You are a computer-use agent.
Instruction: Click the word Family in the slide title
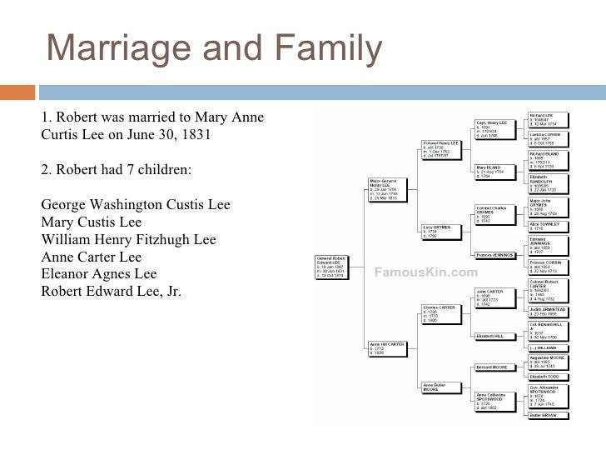coord(332,51)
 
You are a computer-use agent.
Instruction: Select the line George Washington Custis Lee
coord(136,205)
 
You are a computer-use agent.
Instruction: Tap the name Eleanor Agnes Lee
coord(98,273)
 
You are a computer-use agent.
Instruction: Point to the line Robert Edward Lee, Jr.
coord(111,291)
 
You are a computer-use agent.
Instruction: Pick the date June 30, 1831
coord(171,134)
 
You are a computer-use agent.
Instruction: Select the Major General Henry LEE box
coord(390,189)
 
